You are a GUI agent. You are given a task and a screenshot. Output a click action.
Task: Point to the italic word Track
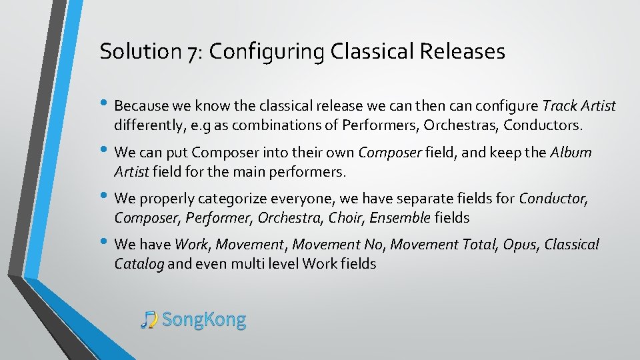557,106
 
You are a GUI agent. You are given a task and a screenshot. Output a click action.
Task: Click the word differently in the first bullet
148,125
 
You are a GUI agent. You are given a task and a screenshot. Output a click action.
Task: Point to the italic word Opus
520,245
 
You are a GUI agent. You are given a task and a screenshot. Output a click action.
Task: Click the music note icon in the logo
149,320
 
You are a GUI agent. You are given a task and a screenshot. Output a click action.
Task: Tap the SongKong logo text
204,320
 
